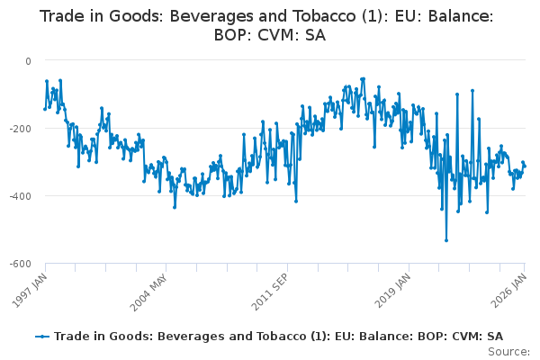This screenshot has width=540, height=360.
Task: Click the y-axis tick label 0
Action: pos(28,60)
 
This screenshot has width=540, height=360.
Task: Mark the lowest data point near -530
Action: pos(446,240)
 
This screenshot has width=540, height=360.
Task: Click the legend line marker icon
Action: pos(42,336)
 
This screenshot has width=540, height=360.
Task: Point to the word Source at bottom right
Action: pos(508,351)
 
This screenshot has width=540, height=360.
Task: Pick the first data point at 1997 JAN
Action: pos(45,109)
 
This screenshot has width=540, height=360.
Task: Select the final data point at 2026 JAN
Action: pos(525,166)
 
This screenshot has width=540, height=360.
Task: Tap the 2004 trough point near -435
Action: pos(175,207)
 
